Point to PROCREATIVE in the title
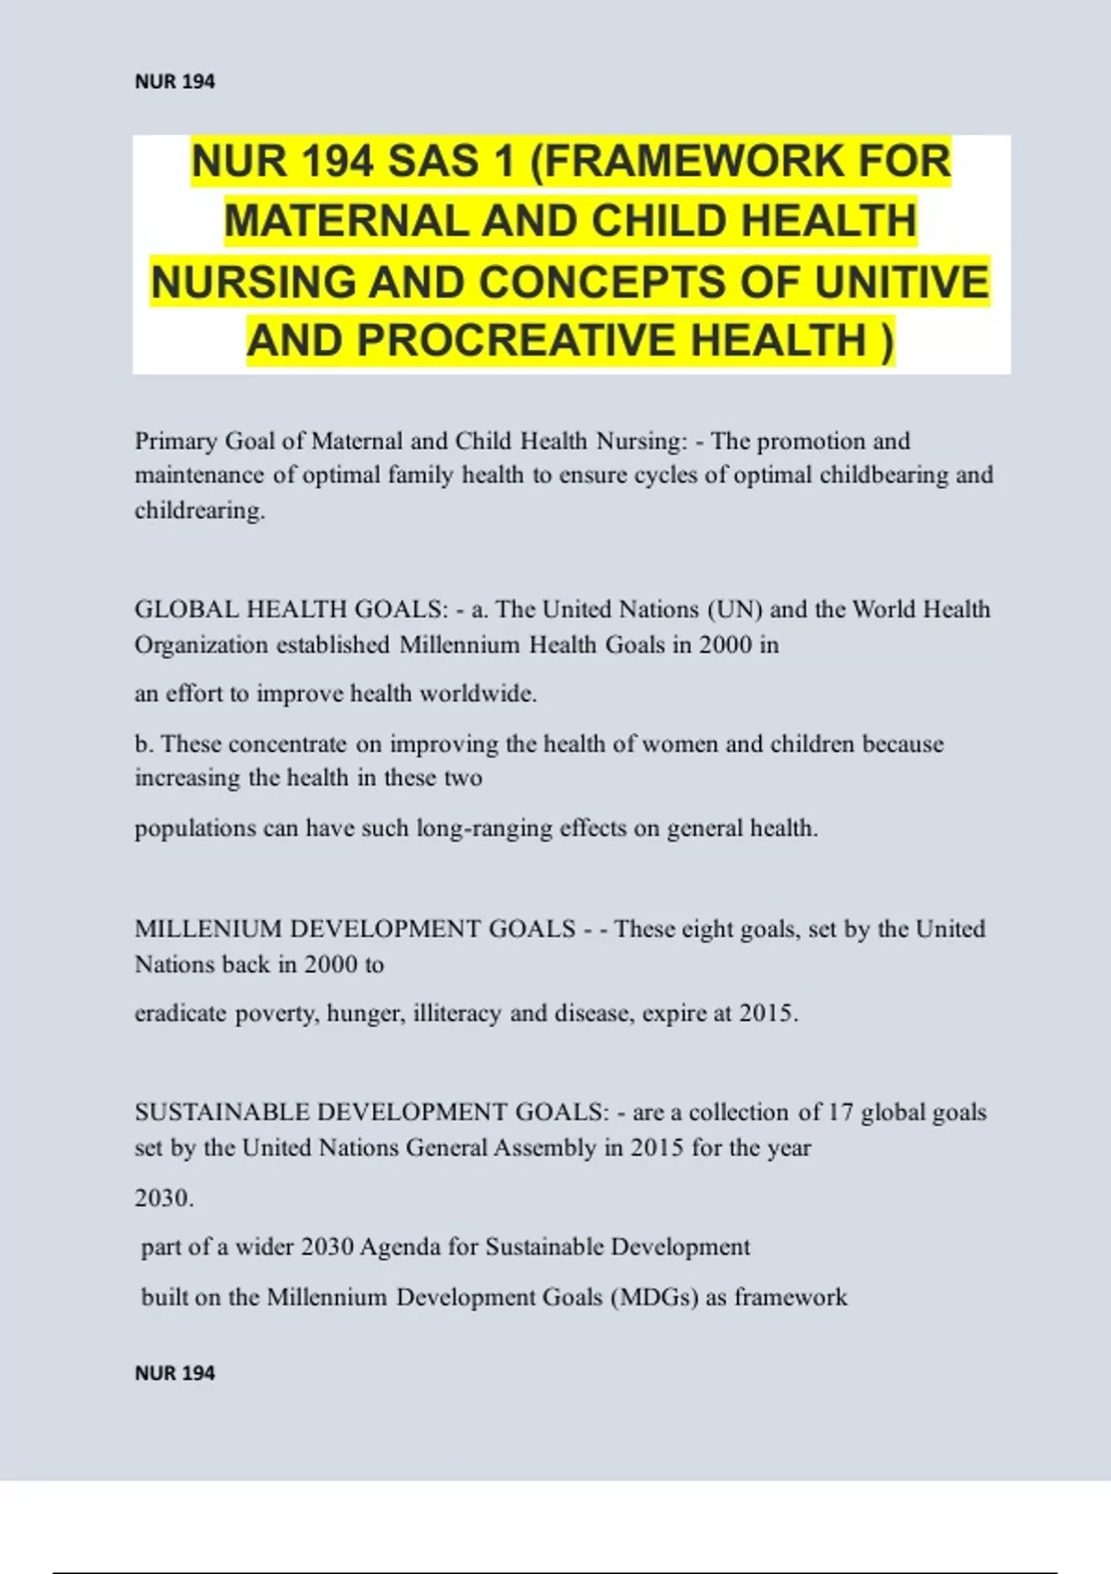(518, 341)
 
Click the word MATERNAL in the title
(345, 222)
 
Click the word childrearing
(200, 510)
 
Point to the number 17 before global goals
(840, 1112)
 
